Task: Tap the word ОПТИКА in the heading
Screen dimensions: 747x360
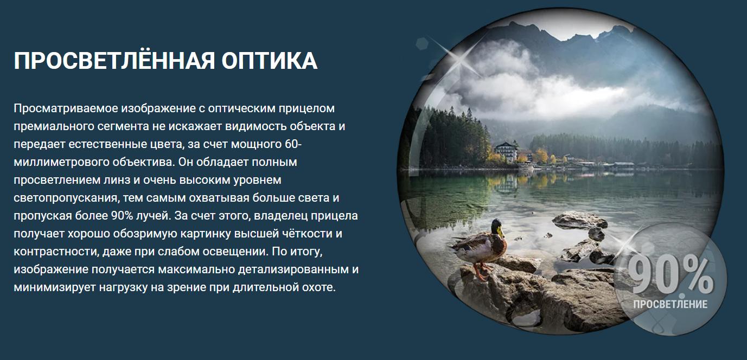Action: (x=270, y=61)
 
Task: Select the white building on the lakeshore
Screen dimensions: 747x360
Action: (x=506, y=151)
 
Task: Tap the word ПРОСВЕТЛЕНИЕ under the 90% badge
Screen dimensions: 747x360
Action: (x=671, y=304)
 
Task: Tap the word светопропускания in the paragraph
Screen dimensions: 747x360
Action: (x=66, y=198)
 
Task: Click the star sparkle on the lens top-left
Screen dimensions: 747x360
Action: (x=460, y=60)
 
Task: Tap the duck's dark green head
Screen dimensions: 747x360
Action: (x=495, y=226)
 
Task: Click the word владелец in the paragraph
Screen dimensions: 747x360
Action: (x=280, y=216)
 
